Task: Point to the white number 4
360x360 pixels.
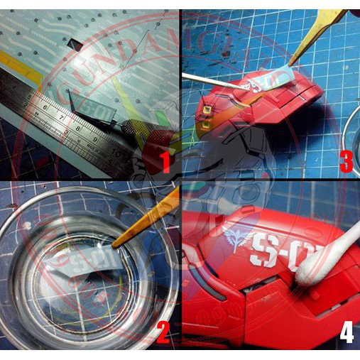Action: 346,332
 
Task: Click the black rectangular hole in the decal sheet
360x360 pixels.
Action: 73,45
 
